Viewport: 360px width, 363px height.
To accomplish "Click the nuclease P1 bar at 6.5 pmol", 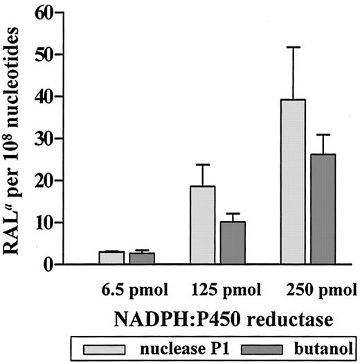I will (x=111, y=258).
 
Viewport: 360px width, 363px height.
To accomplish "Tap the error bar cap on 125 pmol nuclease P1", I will (x=203, y=164).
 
